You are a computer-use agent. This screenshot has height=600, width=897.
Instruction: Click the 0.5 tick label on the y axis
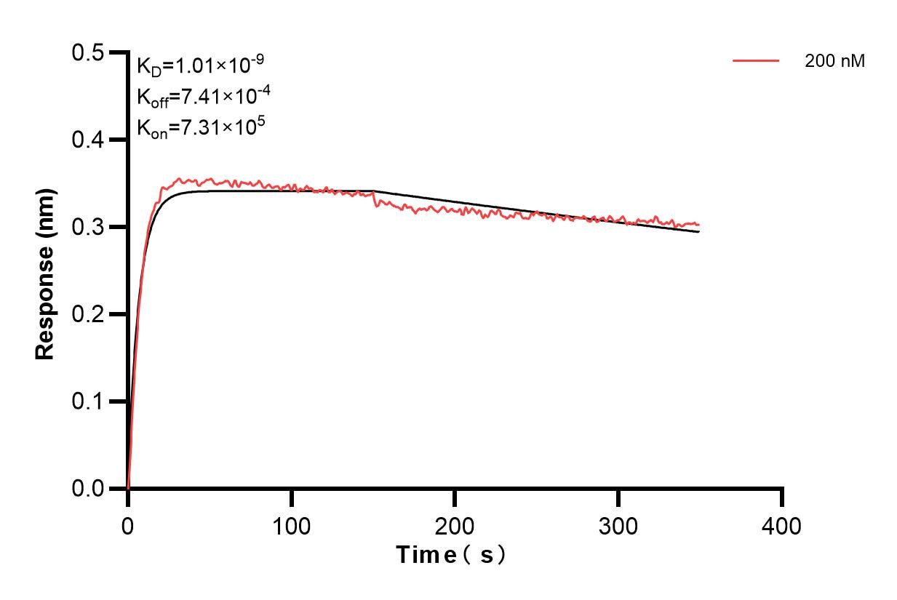89,52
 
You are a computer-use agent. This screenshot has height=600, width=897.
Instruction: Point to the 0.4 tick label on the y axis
89,140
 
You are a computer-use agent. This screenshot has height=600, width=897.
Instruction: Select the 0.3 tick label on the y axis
89,227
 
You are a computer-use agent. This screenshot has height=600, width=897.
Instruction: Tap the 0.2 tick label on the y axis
89,314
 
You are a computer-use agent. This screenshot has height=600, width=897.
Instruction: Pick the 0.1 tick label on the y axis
89,401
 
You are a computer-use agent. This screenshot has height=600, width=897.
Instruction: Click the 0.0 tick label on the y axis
89,489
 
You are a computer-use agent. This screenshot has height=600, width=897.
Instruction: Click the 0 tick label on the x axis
128,525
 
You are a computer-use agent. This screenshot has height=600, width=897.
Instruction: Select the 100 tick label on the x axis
291,525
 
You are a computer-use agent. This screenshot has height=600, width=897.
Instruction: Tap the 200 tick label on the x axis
455,525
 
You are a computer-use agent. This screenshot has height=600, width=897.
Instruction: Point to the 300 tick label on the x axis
618,525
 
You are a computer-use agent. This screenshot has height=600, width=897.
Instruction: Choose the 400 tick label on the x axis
782,525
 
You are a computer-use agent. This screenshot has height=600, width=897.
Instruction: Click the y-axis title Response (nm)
45,271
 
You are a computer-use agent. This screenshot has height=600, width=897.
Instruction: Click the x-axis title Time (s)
451,556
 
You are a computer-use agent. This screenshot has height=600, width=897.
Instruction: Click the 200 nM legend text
834,62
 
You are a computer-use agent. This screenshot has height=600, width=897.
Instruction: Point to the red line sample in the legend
756,61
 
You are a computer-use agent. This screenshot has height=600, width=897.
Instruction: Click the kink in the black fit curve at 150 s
373,191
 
